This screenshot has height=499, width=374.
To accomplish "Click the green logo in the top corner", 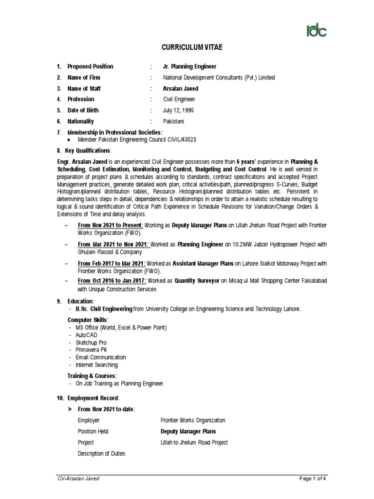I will point(316,30).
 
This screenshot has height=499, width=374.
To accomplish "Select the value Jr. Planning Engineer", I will point(189,66).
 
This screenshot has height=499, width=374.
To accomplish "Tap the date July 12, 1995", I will point(179,110).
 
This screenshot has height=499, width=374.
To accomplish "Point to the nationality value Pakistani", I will point(174,121).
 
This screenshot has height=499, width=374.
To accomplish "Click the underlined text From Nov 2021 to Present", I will point(110,226).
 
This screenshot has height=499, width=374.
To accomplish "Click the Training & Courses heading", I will point(92,376).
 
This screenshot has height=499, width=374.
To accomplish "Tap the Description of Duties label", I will point(101,454).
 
